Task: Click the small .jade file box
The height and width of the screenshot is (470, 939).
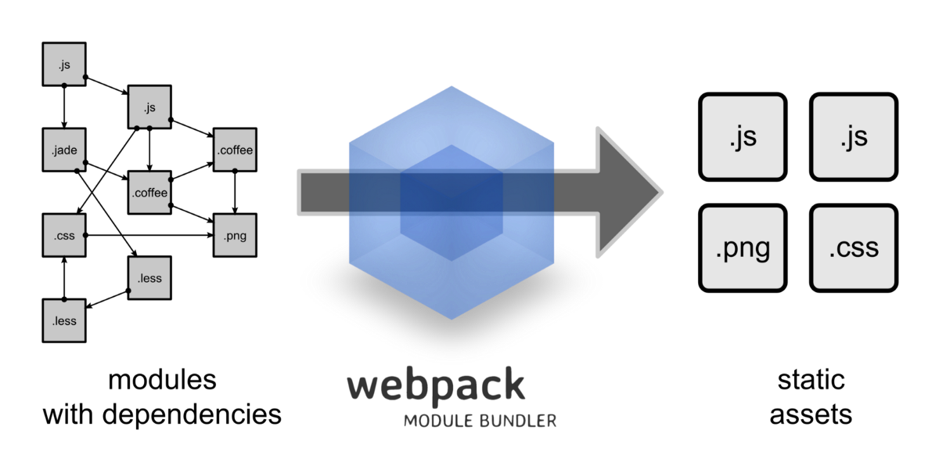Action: [x=64, y=150]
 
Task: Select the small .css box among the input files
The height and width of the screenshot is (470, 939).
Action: [x=64, y=235]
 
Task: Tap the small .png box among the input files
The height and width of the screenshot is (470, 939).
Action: [x=235, y=235]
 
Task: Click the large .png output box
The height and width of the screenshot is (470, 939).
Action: [x=743, y=248]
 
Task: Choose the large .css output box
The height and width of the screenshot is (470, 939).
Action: [x=854, y=248]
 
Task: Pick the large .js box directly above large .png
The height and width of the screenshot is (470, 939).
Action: [x=743, y=137]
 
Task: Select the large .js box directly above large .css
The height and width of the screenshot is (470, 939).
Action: [x=854, y=137]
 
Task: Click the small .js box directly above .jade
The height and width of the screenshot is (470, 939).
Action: [x=64, y=64]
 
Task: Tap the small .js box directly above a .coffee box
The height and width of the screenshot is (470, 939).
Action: [x=149, y=107]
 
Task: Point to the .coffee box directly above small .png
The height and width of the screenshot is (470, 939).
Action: [x=235, y=150]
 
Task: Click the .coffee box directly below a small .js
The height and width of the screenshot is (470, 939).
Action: [x=149, y=192]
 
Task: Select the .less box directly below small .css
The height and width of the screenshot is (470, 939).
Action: [x=64, y=320]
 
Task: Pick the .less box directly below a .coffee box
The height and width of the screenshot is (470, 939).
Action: [x=149, y=278]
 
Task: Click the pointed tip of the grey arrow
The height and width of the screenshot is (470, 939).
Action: [x=662, y=192]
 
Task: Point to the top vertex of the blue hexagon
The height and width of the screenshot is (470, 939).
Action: [x=452, y=86]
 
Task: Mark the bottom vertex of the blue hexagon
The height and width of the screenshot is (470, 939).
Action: [x=452, y=319]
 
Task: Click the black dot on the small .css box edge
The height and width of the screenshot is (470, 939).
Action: [x=84, y=235]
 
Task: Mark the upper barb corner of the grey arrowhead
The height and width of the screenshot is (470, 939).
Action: [x=598, y=128]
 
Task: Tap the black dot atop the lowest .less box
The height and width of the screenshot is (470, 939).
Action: [x=64, y=301]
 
